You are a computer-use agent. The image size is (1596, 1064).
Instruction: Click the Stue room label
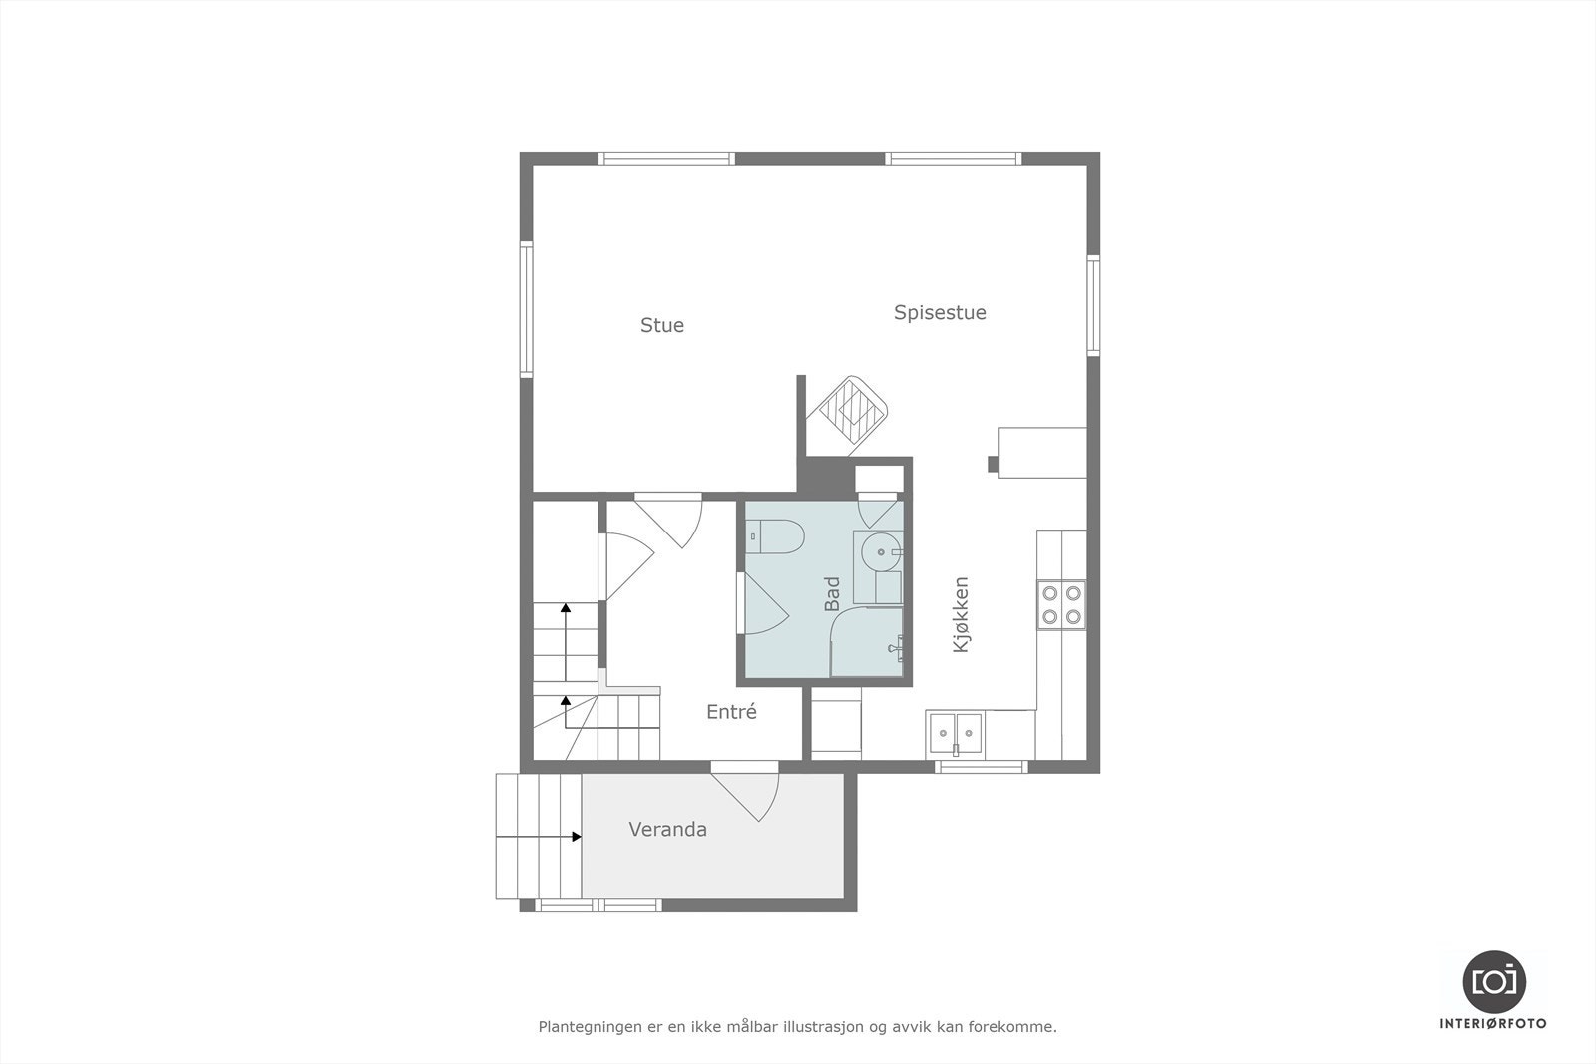661,325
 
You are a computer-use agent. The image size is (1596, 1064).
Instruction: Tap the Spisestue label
940,312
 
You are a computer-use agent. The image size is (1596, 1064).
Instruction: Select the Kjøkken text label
961,615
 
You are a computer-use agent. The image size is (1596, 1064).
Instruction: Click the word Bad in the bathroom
832,594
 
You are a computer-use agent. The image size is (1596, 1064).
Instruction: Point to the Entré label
731,712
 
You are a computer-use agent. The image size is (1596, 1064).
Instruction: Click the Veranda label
667,829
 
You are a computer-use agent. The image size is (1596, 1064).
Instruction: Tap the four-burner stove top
1061,604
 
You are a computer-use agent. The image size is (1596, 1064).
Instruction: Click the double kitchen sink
955,732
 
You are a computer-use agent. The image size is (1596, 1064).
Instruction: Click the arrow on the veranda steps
576,837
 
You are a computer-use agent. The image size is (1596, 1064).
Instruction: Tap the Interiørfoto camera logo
1493,981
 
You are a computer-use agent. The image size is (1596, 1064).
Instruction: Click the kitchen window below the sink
981,766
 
